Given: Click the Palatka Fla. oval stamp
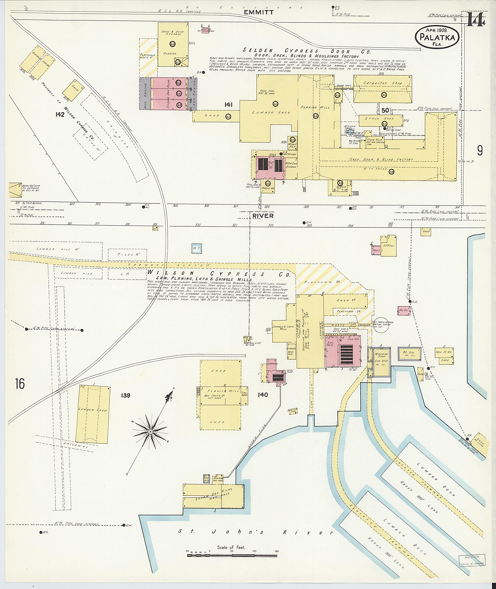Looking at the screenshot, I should point(437,37).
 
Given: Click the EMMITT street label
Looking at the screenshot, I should point(258,12).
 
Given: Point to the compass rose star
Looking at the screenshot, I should point(150,432).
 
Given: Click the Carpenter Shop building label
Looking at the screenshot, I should point(383,83).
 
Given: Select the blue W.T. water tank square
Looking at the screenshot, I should point(196,248).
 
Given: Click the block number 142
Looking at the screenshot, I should point(60,114).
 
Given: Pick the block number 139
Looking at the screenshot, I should point(125,395).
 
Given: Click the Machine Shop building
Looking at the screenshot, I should point(381,362).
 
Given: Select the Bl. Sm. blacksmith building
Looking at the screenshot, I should point(409,353).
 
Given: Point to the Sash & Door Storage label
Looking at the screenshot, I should point(172,33).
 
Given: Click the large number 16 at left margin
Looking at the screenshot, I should point(20,384).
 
